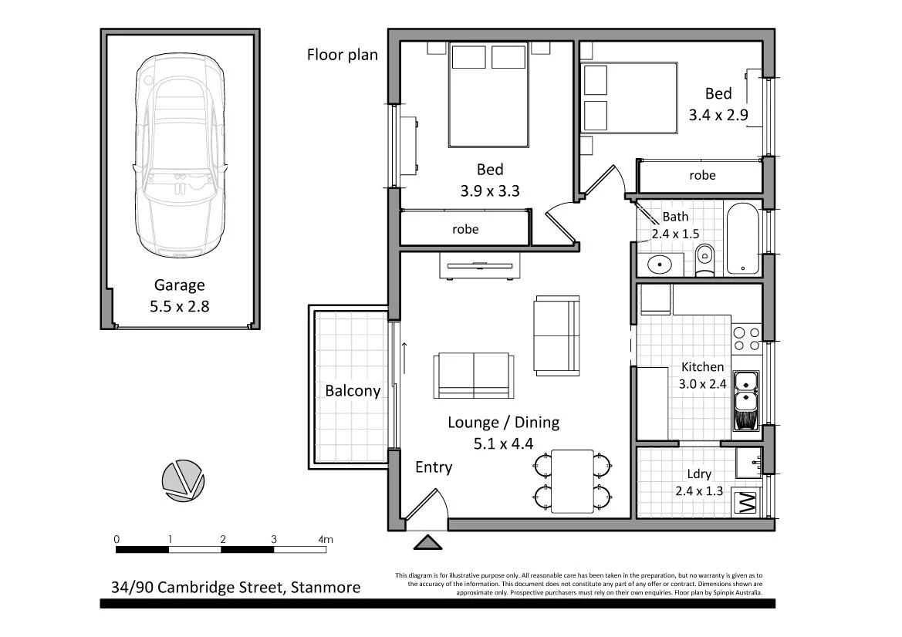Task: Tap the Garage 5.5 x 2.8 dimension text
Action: click(180, 305)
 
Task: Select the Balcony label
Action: click(353, 390)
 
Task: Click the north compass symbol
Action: click(184, 481)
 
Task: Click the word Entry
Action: click(434, 467)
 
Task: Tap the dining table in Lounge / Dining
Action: click(572, 481)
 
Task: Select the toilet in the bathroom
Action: click(704, 260)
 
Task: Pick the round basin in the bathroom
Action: click(660, 265)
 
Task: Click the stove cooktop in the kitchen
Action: click(745, 341)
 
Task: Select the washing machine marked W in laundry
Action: click(746, 504)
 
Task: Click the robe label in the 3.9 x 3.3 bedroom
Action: click(465, 229)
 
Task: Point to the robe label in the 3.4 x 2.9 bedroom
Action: click(701, 175)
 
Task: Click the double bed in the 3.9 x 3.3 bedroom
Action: click(489, 95)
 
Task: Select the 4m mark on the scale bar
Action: click(325, 539)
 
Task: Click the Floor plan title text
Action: click(343, 54)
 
